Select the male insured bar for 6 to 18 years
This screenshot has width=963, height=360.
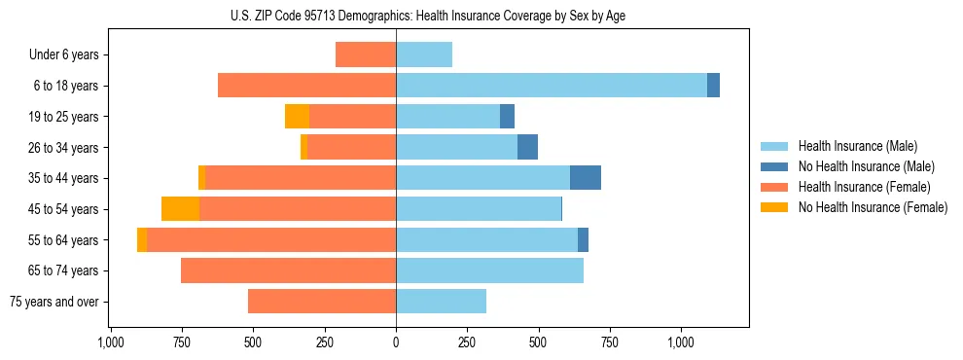pos(551,86)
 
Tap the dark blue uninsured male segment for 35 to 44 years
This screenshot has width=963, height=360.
pos(585,178)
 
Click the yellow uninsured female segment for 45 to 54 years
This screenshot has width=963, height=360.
pos(180,209)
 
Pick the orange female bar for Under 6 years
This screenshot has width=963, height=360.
pos(366,54)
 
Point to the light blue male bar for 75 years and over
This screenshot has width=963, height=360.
pos(441,302)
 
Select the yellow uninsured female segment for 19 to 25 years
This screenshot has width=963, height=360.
pos(297,117)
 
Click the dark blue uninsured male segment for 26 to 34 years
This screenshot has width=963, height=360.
pos(527,147)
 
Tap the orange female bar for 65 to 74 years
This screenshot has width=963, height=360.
pos(288,270)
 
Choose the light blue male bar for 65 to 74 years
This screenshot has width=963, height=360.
pos(489,270)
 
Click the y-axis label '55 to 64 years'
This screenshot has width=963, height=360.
pos(63,240)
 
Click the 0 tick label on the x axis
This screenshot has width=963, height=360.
pos(396,342)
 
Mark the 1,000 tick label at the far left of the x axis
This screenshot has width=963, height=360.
pos(110,342)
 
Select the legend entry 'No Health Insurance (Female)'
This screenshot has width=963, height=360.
pos(873,207)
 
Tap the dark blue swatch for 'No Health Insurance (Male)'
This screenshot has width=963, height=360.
pos(774,166)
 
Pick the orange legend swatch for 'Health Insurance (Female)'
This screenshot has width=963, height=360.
pos(774,187)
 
